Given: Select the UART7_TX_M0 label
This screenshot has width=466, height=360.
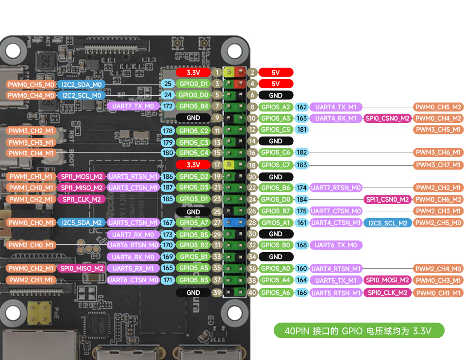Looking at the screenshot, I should point(133,106).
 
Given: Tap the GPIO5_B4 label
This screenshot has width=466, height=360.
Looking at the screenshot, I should point(193,106).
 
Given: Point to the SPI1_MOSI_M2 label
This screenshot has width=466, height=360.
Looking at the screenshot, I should point(82,176).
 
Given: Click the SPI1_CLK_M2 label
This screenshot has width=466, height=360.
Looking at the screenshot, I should point(82,199).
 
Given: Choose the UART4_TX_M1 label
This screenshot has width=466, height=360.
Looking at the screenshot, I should point(336,107).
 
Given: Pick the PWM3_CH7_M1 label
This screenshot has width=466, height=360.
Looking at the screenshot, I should point(438,165).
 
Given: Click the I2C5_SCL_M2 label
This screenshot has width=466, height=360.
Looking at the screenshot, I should point(388,223).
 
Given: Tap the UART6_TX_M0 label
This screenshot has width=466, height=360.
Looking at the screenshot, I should point(336,245).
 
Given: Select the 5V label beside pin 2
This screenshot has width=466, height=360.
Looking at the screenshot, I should point(276,72).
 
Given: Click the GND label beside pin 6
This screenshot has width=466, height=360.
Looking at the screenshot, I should point(276,95).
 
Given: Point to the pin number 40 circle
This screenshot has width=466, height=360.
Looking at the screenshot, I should point(252,292).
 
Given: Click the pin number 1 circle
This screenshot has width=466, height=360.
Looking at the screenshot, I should point(217,72).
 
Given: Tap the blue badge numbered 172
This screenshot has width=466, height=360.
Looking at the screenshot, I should point(168,106).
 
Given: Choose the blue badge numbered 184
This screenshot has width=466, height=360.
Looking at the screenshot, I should point(302,199).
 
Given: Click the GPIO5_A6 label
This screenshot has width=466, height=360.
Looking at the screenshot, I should point(276,292).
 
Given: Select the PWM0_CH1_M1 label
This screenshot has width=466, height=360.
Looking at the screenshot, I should point(438,293).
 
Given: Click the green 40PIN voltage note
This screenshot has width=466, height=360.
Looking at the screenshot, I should point(359,331).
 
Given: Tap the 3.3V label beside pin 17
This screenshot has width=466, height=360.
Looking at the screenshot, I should point(193,165).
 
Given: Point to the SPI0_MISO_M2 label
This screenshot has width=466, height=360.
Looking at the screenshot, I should point(82,268).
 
